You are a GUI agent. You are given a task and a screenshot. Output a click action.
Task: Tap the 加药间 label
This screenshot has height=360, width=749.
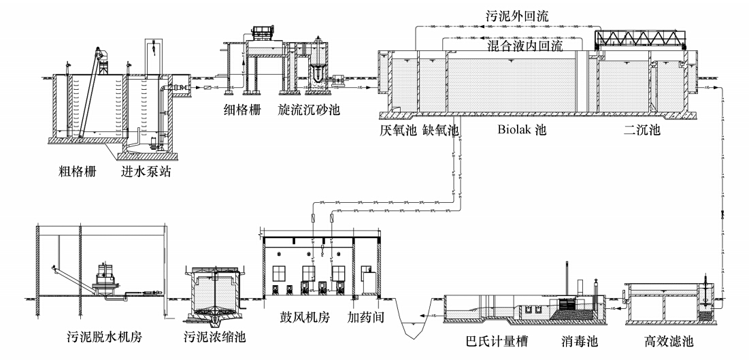(361, 318)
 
